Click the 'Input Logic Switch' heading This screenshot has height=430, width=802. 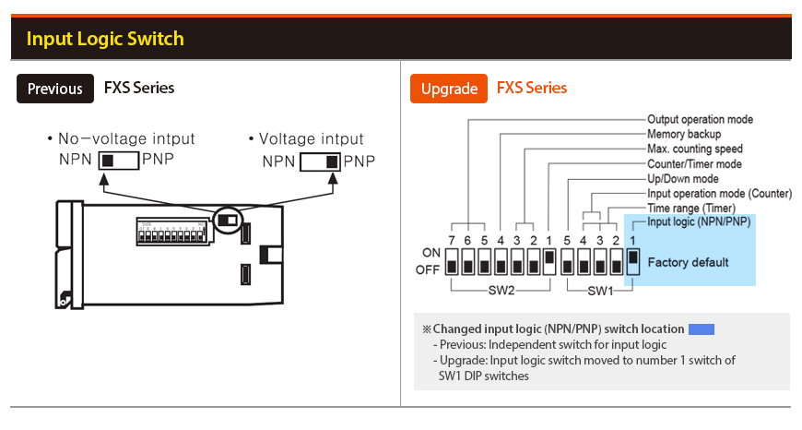[105, 39]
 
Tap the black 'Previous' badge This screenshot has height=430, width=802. [54, 89]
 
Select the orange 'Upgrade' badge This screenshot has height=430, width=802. [449, 89]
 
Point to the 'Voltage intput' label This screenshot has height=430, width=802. [311, 139]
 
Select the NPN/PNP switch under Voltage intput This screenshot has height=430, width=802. [320, 161]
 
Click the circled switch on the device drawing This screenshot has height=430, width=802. [226, 221]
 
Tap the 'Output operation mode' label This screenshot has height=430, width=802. [700, 119]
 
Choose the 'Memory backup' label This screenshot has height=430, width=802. [684, 134]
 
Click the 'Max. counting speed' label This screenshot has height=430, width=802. [694, 149]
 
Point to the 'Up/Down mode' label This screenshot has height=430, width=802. [683, 178]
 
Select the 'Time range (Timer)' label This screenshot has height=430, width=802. [690, 209]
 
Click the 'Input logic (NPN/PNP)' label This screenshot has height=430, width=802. [699, 221]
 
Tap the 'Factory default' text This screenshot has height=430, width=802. [688, 262]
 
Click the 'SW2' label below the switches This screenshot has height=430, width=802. [500, 291]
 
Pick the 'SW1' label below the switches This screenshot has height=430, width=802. [601, 291]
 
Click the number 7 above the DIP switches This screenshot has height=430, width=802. [452, 241]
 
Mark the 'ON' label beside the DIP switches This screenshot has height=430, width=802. [431, 253]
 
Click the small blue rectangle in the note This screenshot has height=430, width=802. [702, 328]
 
